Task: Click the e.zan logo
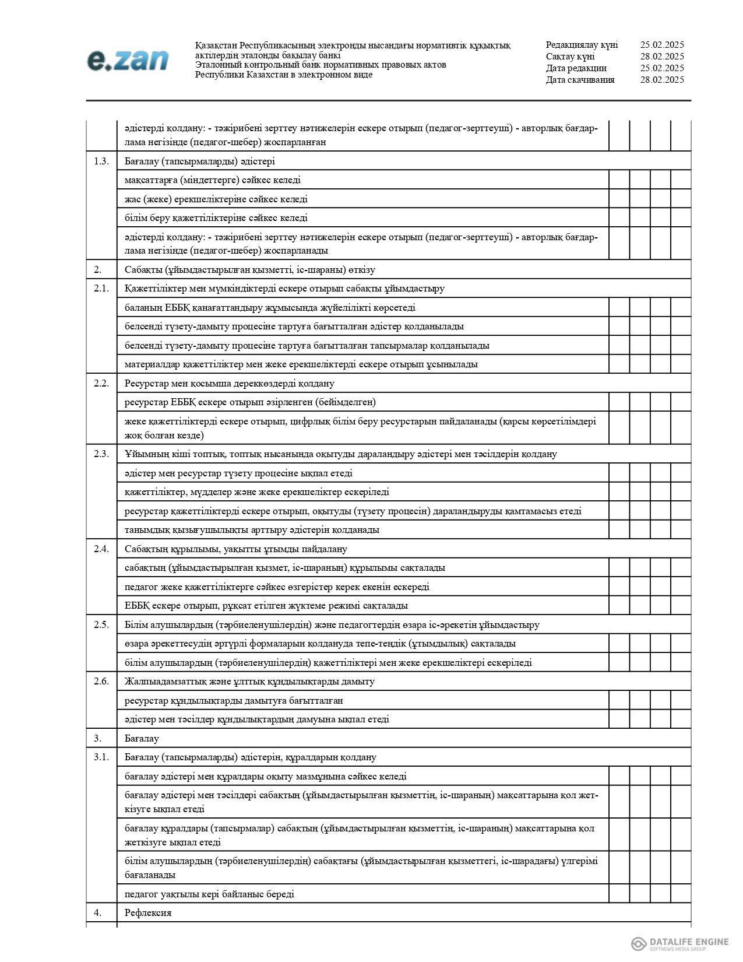(128, 61)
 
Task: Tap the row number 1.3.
(101, 161)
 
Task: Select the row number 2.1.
(101, 288)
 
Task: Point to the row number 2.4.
(101, 549)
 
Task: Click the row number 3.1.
(101, 757)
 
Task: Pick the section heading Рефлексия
(148, 912)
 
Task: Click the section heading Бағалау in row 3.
(142, 738)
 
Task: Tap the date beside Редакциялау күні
(661, 45)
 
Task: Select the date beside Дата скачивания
(661, 80)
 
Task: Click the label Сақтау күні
(570, 57)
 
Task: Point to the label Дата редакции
(576, 68)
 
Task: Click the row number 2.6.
(101, 681)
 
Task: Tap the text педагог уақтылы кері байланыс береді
(209, 894)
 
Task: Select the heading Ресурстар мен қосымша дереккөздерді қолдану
(230, 383)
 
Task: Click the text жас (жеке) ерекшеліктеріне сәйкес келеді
(216, 199)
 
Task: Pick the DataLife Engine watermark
(680, 943)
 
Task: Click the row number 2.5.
(101, 624)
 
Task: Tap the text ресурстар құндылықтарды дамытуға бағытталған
(234, 700)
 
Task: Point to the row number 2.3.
(101, 454)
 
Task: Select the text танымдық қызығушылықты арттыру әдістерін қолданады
(252, 529)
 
